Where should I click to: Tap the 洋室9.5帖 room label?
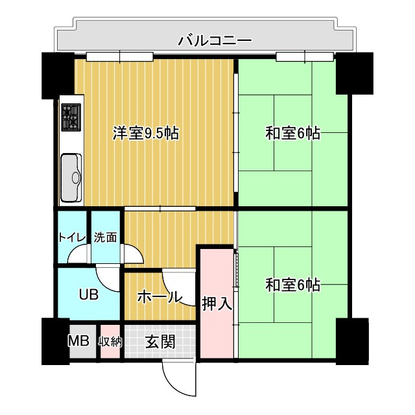point(146,134)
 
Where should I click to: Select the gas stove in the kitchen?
point(71,117)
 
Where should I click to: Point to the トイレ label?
point(71,237)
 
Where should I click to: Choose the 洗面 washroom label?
point(106,237)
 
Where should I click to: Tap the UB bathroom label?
point(89,295)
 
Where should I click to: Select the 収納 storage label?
point(110,342)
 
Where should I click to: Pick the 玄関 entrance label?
point(160,342)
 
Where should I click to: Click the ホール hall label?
point(160,297)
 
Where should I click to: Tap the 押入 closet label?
point(217,303)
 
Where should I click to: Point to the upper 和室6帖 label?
point(292,134)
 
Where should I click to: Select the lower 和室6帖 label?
point(292,285)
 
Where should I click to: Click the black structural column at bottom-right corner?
point(352,342)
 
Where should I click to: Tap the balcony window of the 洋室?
point(119,56)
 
